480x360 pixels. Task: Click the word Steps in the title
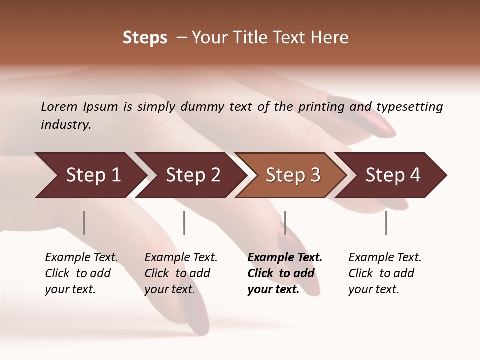coord(145,38)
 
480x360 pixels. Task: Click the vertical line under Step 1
coord(84,223)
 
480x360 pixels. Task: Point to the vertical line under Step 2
coord(184,223)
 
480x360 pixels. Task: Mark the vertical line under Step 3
coord(285,223)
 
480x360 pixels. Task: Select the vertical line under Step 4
coord(386,223)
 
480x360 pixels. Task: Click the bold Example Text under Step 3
coord(285,257)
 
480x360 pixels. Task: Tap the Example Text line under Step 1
coord(81,257)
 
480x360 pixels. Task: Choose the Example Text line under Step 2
coord(181,257)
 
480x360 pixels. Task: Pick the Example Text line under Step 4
coord(385,257)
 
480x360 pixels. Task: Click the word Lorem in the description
coord(59,106)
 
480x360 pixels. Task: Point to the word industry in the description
coord(66,124)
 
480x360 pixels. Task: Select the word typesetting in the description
coord(409,106)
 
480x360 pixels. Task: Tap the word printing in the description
coord(321,106)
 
